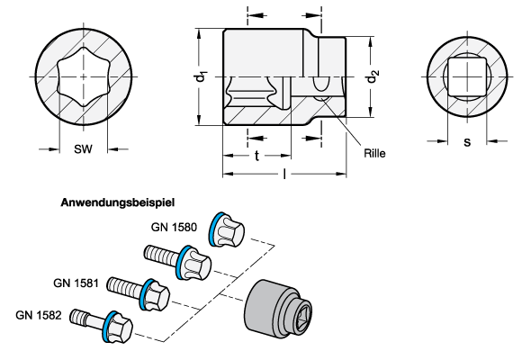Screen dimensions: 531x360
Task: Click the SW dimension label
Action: pos(83,149)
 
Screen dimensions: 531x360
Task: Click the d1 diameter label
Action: pos(200,77)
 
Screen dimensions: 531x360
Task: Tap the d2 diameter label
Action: pos(372,76)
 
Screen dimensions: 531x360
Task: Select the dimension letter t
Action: pos(256,156)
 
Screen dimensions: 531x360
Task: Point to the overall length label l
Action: pos(284,174)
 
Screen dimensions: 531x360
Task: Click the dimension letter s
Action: pos(467,142)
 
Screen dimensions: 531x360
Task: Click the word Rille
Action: pos(374,153)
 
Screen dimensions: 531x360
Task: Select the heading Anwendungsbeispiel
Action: pos(118,202)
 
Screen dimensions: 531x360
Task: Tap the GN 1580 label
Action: pos(174,227)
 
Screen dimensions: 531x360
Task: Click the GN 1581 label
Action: pos(76,283)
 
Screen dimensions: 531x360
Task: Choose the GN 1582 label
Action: pos(39,315)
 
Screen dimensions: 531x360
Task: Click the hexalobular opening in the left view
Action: pos(84,76)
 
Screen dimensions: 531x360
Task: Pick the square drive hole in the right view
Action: pos(467,76)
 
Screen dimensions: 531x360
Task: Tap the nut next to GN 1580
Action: pos(227,230)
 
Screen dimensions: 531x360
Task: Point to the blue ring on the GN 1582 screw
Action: pos(109,327)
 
